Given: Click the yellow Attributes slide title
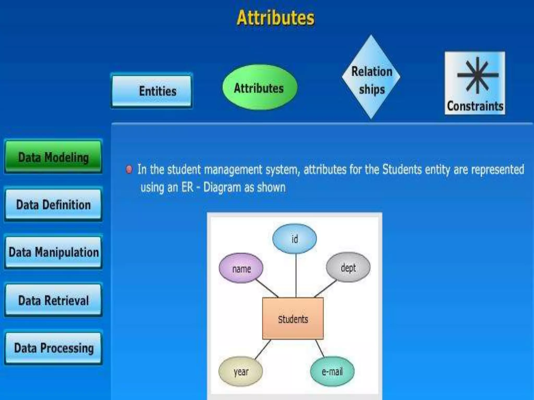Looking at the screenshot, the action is click(276, 18).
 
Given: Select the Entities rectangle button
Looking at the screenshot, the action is click(152, 91).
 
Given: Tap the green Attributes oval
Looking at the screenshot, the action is click(259, 88).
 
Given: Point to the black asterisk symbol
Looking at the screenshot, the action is click(477, 75).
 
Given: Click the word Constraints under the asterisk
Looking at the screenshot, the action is click(475, 106).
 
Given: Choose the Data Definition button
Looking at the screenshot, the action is click(53, 205).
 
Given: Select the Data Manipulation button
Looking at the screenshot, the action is click(53, 252).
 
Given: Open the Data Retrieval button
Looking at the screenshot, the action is click(53, 300).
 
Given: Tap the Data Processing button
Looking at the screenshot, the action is click(53, 348).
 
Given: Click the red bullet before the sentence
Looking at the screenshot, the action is click(129, 170).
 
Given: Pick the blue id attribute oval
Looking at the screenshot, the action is click(295, 239).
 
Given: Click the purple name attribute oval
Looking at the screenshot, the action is click(241, 268).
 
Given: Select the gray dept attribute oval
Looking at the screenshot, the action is click(348, 267).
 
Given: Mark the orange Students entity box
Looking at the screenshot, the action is click(293, 318).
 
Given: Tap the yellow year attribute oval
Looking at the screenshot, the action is click(241, 371).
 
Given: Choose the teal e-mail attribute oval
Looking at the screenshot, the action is click(332, 371).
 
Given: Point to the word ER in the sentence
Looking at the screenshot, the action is click(187, 187).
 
